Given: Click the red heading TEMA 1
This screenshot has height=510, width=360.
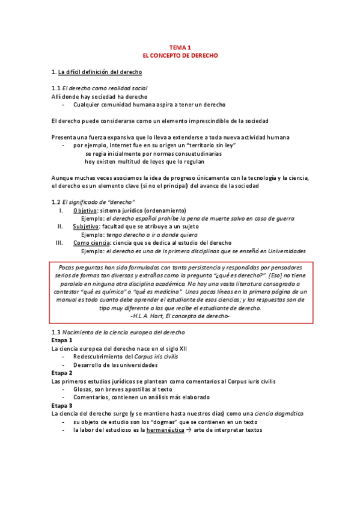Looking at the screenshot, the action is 180,47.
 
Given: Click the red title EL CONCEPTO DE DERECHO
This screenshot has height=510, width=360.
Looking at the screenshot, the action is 180,55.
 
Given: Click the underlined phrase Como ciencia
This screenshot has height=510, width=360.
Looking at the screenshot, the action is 90,242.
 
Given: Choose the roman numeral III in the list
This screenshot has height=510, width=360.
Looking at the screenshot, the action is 59,242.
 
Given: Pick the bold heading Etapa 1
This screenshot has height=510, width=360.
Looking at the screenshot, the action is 62,340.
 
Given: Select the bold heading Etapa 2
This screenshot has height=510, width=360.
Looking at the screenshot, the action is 62,373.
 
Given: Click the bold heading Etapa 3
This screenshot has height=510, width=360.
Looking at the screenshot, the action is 62,405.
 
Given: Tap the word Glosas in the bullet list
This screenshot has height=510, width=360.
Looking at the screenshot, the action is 84,389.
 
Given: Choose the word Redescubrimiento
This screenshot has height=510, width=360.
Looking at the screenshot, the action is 102,357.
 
